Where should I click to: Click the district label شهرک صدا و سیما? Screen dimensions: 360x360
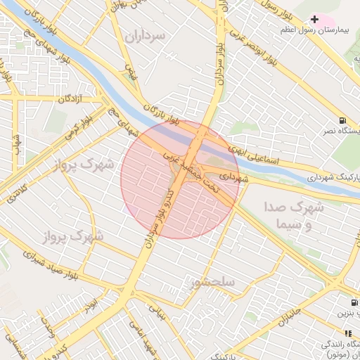pos(294,216)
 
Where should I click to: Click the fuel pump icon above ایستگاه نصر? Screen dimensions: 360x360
pos(342,120)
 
